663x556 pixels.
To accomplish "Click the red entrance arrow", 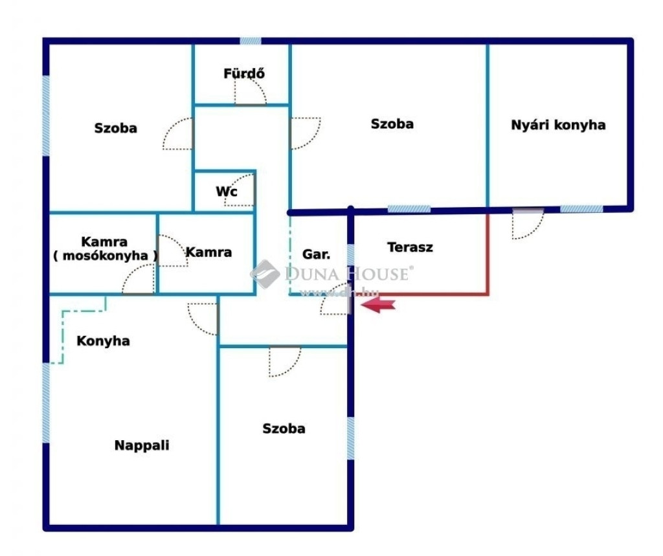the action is tap(378, 304).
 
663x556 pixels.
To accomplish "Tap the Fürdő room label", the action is tap(244, 73).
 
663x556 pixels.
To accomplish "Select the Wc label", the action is tap(227, 192).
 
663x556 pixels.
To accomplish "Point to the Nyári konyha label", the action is tap(558, 125).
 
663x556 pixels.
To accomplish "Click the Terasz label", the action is tap(410, 247).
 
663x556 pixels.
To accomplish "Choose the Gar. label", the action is tap(316, 254).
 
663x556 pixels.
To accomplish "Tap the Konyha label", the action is tap(103, 341).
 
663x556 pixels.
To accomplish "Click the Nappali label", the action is tap(142, 445).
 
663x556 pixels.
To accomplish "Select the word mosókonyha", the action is tap(106, 256).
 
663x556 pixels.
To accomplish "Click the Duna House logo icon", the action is tap(265, 274).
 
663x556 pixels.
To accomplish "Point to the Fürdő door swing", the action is tap(251, 91).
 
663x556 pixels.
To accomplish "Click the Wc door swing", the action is tap(240, 190).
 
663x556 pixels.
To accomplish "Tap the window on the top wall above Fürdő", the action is tap(251, 41).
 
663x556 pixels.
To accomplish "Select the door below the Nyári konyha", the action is tap(528, 224).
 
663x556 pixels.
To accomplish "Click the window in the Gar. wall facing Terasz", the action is tap(350, 255).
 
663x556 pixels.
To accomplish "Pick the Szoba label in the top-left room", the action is tap(115, 128).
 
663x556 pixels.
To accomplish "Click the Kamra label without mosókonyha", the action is tap(209, 252).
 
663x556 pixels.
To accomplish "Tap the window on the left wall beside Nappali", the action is tap(46, 403).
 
